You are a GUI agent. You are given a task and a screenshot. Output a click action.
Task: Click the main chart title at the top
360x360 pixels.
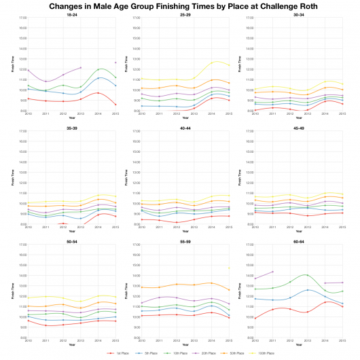click(180, 5)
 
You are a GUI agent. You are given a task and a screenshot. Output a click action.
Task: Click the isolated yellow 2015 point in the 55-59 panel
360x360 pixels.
click(229, 268)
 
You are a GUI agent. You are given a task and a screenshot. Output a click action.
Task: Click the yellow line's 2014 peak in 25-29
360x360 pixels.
click(213, 62)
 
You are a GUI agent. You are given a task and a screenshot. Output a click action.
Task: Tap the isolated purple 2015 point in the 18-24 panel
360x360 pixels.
click(115, 62)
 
